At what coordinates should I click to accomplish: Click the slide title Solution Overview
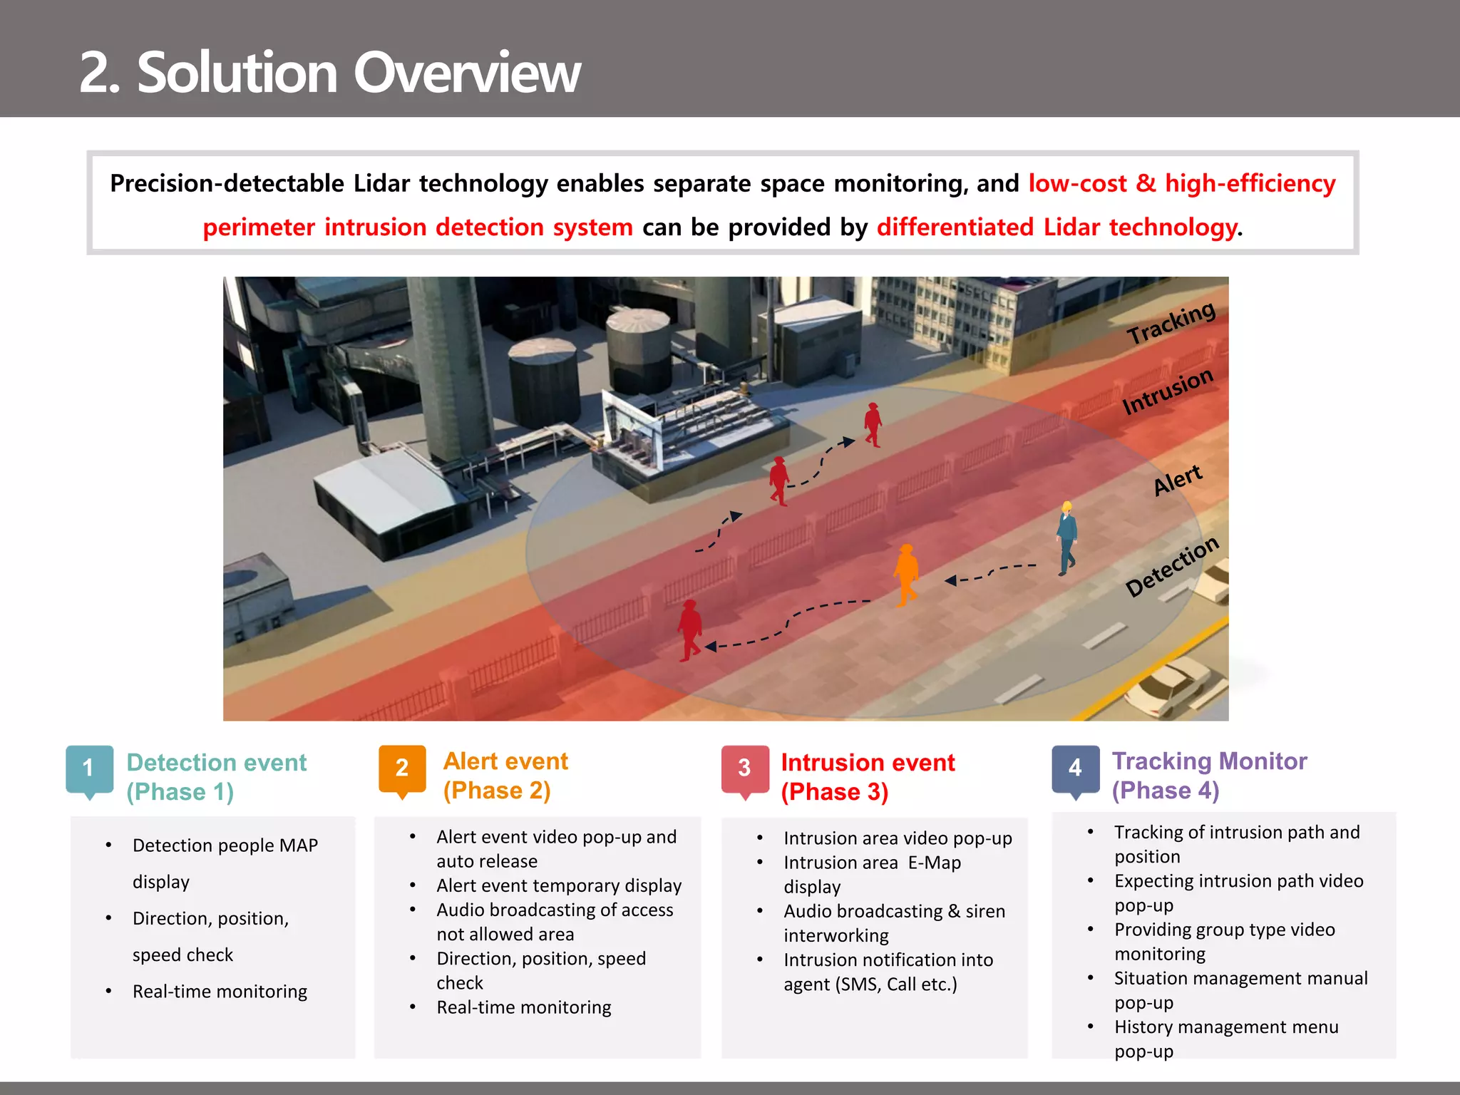coord(329,73)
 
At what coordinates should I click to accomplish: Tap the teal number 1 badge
coord(89,768)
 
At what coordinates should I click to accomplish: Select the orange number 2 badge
coord(402,768)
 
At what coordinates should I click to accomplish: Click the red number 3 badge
coord(744,768)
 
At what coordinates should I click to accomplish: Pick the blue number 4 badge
coord(1075,768)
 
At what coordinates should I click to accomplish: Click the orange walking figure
coord(906,575)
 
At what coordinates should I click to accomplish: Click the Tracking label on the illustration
coord(1171,322)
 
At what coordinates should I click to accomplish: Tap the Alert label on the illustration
coord(1178,480)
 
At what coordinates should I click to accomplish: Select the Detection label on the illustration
coord(1172,567)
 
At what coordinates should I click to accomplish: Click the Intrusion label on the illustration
coord(1167,391)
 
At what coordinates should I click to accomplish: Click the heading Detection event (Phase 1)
coord(216,777)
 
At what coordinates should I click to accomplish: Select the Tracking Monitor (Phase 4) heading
coord(1209,776)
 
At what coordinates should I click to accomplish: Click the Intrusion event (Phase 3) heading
coord(867,777)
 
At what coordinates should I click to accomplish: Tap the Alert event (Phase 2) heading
coord(505,776)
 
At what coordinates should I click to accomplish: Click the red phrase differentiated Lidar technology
coord(1057,227)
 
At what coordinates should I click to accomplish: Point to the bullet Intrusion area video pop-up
coord(897,838)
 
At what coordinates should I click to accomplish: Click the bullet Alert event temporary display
coord(558,885)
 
